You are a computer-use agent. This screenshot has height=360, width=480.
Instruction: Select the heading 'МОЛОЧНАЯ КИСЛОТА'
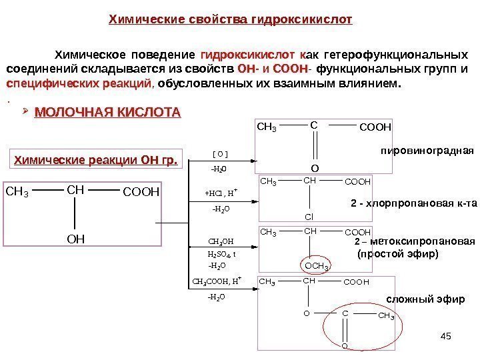pos(107,111)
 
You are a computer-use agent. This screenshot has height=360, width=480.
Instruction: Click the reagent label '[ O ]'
pos(220,154)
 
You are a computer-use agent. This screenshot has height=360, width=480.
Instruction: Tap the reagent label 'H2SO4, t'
pos(221,254)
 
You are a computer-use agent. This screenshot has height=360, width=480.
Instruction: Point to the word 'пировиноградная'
pos(427,151)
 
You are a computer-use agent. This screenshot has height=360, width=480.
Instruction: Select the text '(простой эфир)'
pos(398,253)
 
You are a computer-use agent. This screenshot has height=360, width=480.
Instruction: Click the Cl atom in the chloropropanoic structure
pos(309,216)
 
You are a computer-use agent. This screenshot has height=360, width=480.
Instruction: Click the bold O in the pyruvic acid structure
pos(314,169)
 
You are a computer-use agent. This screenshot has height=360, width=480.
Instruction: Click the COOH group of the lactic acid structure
pos(142,193)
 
